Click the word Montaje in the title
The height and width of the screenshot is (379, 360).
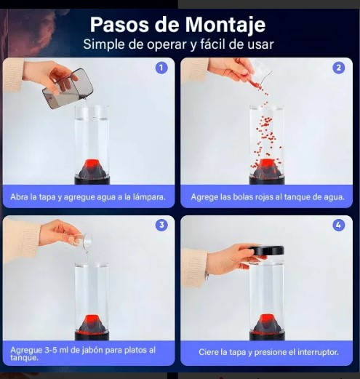[225, 25]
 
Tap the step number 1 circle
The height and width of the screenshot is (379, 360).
[161, 68]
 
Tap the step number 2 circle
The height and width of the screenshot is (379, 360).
[339, 68]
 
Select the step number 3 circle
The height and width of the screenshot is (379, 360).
[161, 225]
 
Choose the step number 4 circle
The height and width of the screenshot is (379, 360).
[339, 225]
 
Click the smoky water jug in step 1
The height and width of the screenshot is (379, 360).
[68, 88]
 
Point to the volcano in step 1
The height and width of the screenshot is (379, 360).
[92, 168]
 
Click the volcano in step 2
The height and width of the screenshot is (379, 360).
[267, 168]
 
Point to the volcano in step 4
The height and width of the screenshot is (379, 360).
[267, 324]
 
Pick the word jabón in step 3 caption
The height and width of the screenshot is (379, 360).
[92, 350]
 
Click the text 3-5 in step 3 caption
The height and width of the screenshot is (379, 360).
[51, 350]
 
